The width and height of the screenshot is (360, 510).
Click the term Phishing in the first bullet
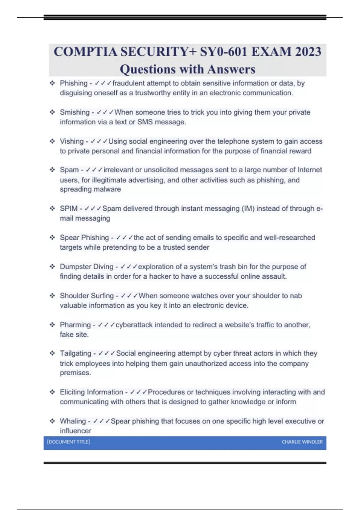73,83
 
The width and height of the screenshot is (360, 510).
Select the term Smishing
75,112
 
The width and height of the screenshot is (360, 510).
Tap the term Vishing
72,141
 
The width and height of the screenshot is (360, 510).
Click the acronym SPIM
69,208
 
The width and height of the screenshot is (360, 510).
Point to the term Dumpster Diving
87,267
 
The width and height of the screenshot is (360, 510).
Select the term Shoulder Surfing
87,296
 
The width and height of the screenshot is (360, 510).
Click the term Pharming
75,325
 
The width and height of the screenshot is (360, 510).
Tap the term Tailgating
75,353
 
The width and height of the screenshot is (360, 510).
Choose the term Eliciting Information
91,392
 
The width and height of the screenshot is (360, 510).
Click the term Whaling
73,421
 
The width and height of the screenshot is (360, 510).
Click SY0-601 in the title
224,52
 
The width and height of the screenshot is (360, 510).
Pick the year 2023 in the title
308,52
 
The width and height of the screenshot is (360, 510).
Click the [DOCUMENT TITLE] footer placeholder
68,442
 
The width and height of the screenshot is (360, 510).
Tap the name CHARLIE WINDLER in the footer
302,442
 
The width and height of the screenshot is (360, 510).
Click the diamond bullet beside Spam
52,170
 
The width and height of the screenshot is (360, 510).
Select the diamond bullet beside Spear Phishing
52,238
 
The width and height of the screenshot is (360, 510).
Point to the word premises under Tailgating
75,373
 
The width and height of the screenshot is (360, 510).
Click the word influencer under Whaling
76,431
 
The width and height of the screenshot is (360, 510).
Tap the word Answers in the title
231,69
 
